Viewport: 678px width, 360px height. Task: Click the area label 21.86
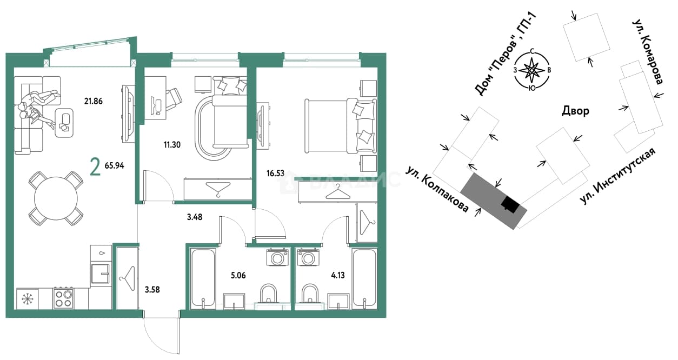pos(93,101)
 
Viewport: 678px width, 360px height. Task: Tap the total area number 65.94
pos(115,166)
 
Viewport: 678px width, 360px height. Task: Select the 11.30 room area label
pos(172,145)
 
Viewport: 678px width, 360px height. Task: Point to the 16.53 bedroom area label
pos(275,174)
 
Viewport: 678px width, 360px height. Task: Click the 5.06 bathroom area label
pos(238,275)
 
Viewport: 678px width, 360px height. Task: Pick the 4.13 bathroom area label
pos(338,275)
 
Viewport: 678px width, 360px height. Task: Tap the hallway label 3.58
pos(152,290)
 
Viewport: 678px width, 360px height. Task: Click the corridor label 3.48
pos(195,217)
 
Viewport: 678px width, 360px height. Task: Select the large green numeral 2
pos(95,168)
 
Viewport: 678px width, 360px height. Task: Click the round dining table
pos(56,198)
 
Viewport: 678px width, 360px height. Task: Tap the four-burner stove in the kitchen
pos(63,298)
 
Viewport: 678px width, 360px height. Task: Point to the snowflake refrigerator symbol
pos(27,299)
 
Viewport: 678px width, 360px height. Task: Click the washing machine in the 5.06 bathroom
pos(277,257)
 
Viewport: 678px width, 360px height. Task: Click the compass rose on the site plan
pos(532,70)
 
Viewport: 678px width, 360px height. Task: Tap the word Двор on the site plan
pos(575,111)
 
